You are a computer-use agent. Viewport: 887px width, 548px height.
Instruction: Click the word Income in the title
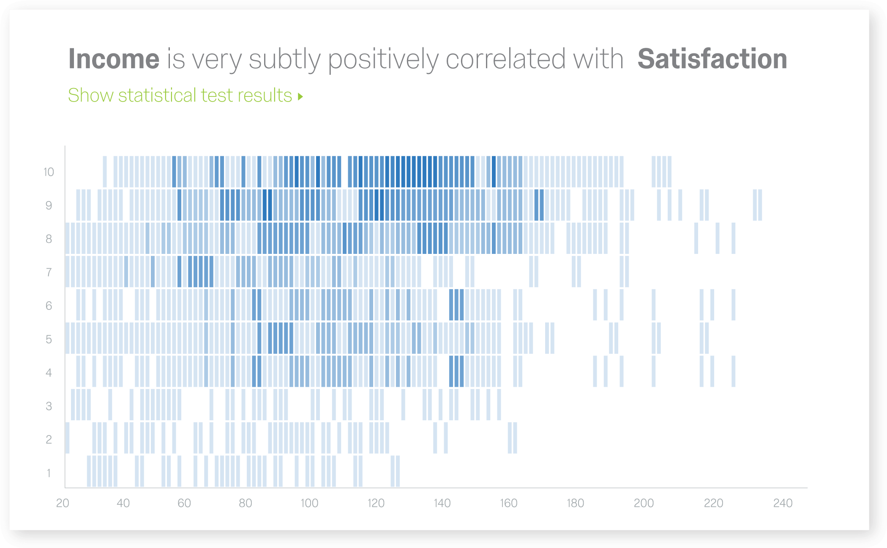click(114, 59)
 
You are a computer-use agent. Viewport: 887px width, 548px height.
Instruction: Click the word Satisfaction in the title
click(712, 59)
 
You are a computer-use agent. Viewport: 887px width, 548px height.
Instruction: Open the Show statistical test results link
click(180, 95)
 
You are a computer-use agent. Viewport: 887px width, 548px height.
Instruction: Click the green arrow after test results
click(300, 96)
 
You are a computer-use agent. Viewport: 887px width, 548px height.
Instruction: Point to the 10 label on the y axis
click(49, 172)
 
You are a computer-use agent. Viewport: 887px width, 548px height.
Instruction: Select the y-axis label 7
click(49, 272)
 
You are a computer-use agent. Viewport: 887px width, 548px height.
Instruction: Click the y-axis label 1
click(49, 473)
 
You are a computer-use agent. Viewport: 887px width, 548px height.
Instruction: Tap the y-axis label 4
click(49, 372)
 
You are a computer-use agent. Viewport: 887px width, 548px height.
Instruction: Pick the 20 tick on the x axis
click(63, 503)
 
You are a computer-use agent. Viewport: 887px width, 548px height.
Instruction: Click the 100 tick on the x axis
click(309, 503)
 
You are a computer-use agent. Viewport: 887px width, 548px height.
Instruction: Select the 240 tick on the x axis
click(783, 503)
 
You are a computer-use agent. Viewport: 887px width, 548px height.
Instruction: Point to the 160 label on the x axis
click(508, 503)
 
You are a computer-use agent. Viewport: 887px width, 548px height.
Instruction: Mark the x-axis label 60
click(184, 503)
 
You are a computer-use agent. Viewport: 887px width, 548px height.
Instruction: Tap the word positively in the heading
click(383, 60)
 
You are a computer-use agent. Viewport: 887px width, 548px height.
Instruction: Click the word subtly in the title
click(285, 60)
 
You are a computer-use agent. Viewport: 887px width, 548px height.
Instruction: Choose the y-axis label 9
click(49, 205)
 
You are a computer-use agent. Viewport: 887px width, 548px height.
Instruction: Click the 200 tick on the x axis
click(644, 503)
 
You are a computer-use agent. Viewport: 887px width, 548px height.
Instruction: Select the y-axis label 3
click(49, 406)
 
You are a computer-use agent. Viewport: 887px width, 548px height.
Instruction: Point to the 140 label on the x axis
click(442, 503)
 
